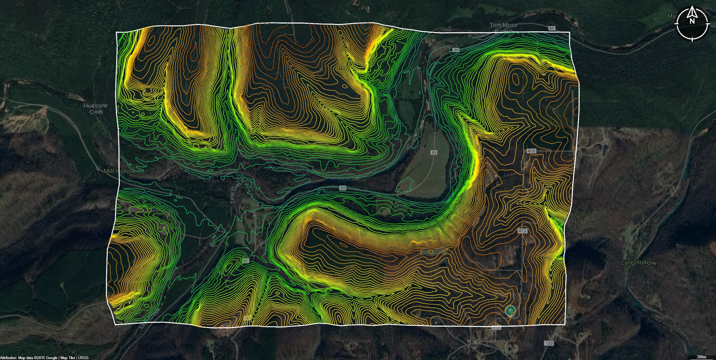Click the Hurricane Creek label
[95, 109]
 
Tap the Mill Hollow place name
[119, 171]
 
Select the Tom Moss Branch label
[503, 28]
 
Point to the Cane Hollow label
[639, 263]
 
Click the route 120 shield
[549, 343]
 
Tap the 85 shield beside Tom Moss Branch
[552, 28]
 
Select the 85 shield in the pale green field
[434, 152]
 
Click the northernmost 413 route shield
[531, 151]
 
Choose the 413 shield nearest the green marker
[496, 328]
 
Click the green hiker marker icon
[510, 311]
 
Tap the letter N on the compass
[692, 21]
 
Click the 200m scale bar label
[702, 357]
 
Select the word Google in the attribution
[52, 358]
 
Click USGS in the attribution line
[83, 358]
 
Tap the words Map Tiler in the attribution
[68, 358]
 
